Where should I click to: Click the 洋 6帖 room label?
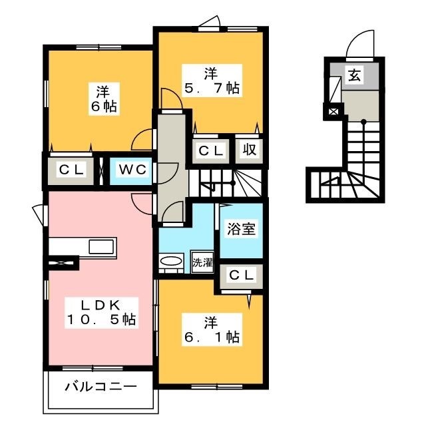click(104, 99)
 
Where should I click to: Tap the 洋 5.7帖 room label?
click(212, 81)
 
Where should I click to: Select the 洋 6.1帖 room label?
click(212, 329)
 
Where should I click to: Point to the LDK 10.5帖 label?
click(101, 313)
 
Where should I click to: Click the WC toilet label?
click(132, 170)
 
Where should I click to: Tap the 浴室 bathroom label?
click(241, 229)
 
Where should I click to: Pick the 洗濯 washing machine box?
click(202, 262)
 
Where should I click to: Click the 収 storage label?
click(249, 149)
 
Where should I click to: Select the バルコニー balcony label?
click(101, 387)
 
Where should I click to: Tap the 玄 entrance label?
click(355, 75)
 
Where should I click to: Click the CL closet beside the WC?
click(71, 170)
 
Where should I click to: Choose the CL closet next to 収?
click(211, 151)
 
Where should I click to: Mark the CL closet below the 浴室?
click(241, 275)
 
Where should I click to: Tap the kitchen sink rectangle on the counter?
click(101, 247)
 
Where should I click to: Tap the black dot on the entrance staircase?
click(363, 122)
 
